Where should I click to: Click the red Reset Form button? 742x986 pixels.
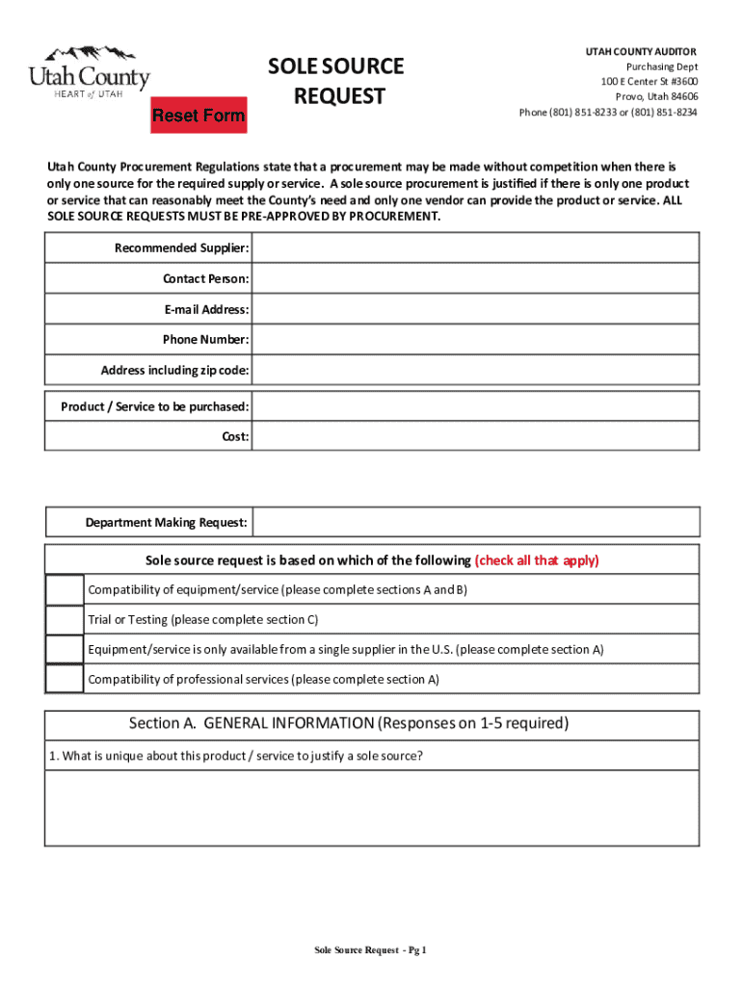(199, 116)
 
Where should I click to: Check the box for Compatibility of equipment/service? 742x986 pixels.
(65, 589)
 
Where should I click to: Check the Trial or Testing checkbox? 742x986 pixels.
(65, 619)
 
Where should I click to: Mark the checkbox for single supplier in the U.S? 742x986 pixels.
(65, 649)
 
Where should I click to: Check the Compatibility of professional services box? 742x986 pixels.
(65, 679)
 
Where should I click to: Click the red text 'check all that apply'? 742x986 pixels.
(537, 560)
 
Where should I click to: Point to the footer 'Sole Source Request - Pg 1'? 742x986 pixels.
(370, 951)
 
